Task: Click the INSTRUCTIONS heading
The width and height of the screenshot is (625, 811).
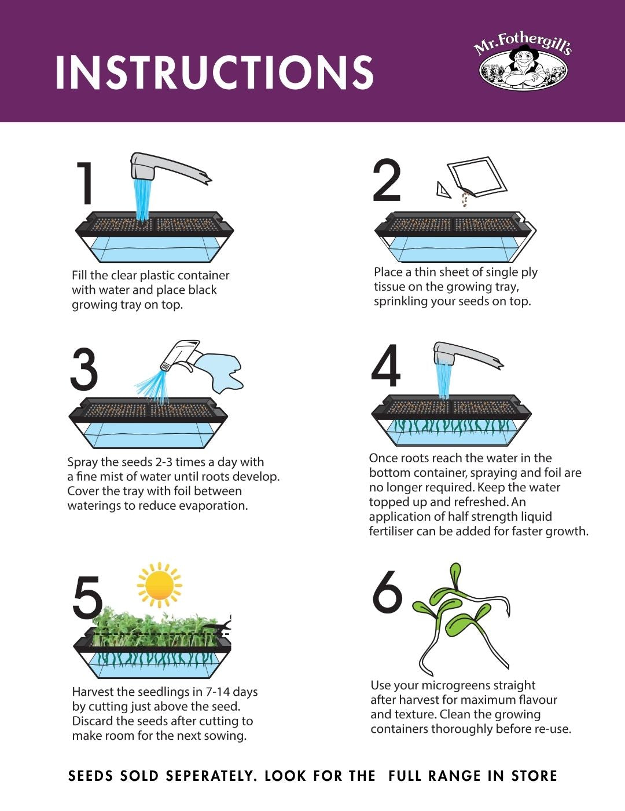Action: pos(214,73)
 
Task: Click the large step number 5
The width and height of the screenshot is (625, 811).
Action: pos(87,597)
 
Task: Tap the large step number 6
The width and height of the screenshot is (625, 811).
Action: pos(387,592)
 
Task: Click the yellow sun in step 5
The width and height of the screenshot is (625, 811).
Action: pos(159,584)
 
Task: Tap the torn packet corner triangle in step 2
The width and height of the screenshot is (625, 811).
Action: pos(444,189)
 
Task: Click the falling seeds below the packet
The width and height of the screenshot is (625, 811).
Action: pos(464,199)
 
